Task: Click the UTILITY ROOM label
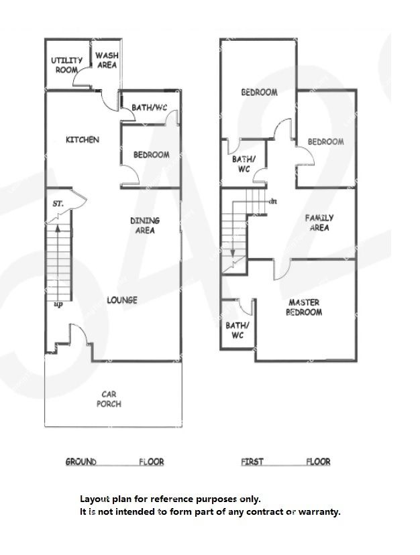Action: pyautogui.click(x=66, y=65)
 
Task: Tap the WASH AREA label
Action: pyautogui.click(x=107, y=60)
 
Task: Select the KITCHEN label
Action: pyautogui.click(x=83, y=140)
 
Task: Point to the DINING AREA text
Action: pyautogui.click(x=145, y=225)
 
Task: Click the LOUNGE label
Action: pyautogui.click(x=122, y=300)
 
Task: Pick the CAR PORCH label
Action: pyautogui.click(x=109, y=399)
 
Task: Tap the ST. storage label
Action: pyautogui.click(x=58, y=204)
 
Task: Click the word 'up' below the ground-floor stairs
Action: pyautogui.click(x=58, y=304)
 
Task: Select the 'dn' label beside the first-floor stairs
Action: pyautogui.click(x=273, y=201)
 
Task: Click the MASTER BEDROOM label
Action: pyautogui.click(x=304, y=307)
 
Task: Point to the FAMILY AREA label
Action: pyautogui.click(x=319, y=223)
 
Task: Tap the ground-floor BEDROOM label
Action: pyautogui.click(x=152, y=155)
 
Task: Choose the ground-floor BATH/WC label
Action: pyautogui.click(x=149, y=107)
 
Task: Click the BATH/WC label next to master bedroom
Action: pyautogui.click(x=238, y=330)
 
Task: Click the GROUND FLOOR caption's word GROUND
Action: pyautogui.click(x=81, y=462)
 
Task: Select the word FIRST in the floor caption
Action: pyautogui.click(x=252, y=462)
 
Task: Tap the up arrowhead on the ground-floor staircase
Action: pyautogui.click(x=58, y=228)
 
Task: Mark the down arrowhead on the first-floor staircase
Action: pyautogui.click(x=233, y=253)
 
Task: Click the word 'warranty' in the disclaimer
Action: pyautogui.click(x=318, y=511)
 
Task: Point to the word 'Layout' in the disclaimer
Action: pyautogui.click(x=95, y=499)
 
